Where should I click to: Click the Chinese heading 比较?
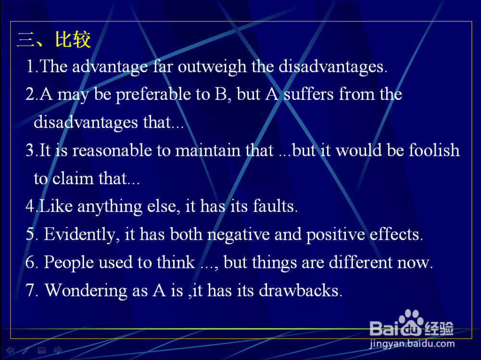[x=73, y=39]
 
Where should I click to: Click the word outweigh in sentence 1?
[x=212, y=66]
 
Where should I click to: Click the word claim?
[x=73, y=178]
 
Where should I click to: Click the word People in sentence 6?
[x=69, y=263]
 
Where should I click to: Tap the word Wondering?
[x=86, y=291]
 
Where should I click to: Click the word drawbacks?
[x=300, y=290]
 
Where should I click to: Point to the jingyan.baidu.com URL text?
[x=412, y=344]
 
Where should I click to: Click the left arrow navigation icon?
[x=10, y=350]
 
